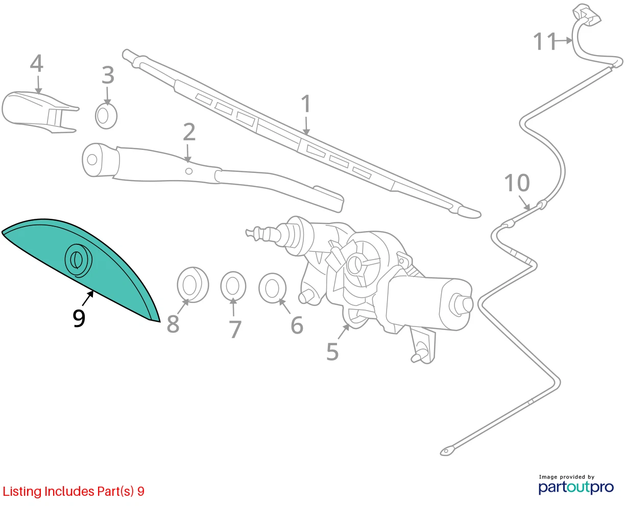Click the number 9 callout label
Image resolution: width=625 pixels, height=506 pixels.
click(79, 318)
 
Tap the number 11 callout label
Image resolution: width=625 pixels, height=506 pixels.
click(544, 41)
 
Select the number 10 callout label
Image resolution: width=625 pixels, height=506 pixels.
click(517, 183)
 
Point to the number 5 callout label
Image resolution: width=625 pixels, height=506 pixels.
click(332, 351)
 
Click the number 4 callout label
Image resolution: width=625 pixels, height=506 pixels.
click(37, 63)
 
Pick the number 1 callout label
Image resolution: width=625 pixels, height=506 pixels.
click(306, 104)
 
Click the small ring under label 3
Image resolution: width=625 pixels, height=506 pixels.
click(106, 116)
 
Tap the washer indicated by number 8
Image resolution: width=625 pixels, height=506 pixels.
click(193, 285)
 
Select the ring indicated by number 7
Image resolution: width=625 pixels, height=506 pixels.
click(233, 286)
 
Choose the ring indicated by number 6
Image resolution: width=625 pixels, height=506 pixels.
click(272, 288)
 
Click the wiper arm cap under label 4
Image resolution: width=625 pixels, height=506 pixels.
click(40, 112)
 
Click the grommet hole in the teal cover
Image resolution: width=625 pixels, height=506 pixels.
click(78, 260)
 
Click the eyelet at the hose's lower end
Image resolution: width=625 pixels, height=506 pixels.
click(447, 451)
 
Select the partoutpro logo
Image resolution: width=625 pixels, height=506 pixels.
click(576, 487)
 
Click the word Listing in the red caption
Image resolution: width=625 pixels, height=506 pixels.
click(22, 492)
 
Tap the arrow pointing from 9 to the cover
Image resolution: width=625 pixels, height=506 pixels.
click(88, 298)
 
